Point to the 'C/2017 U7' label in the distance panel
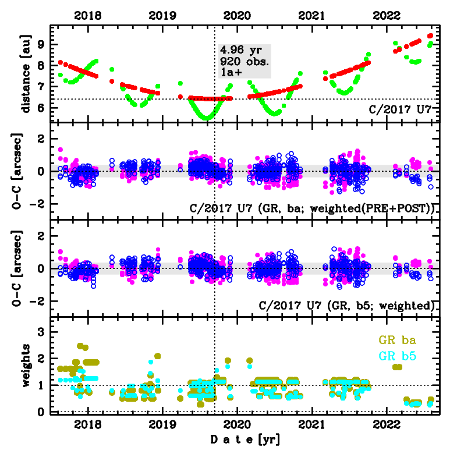[404, 108]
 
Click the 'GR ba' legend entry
[398, 340]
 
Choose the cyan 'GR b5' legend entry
[398, 355]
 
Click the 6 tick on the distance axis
[42, 108]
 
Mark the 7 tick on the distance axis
[42, 87]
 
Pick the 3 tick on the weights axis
[42, 332]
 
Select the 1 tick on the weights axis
[42, 385]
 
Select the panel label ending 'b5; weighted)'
[348, 305]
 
